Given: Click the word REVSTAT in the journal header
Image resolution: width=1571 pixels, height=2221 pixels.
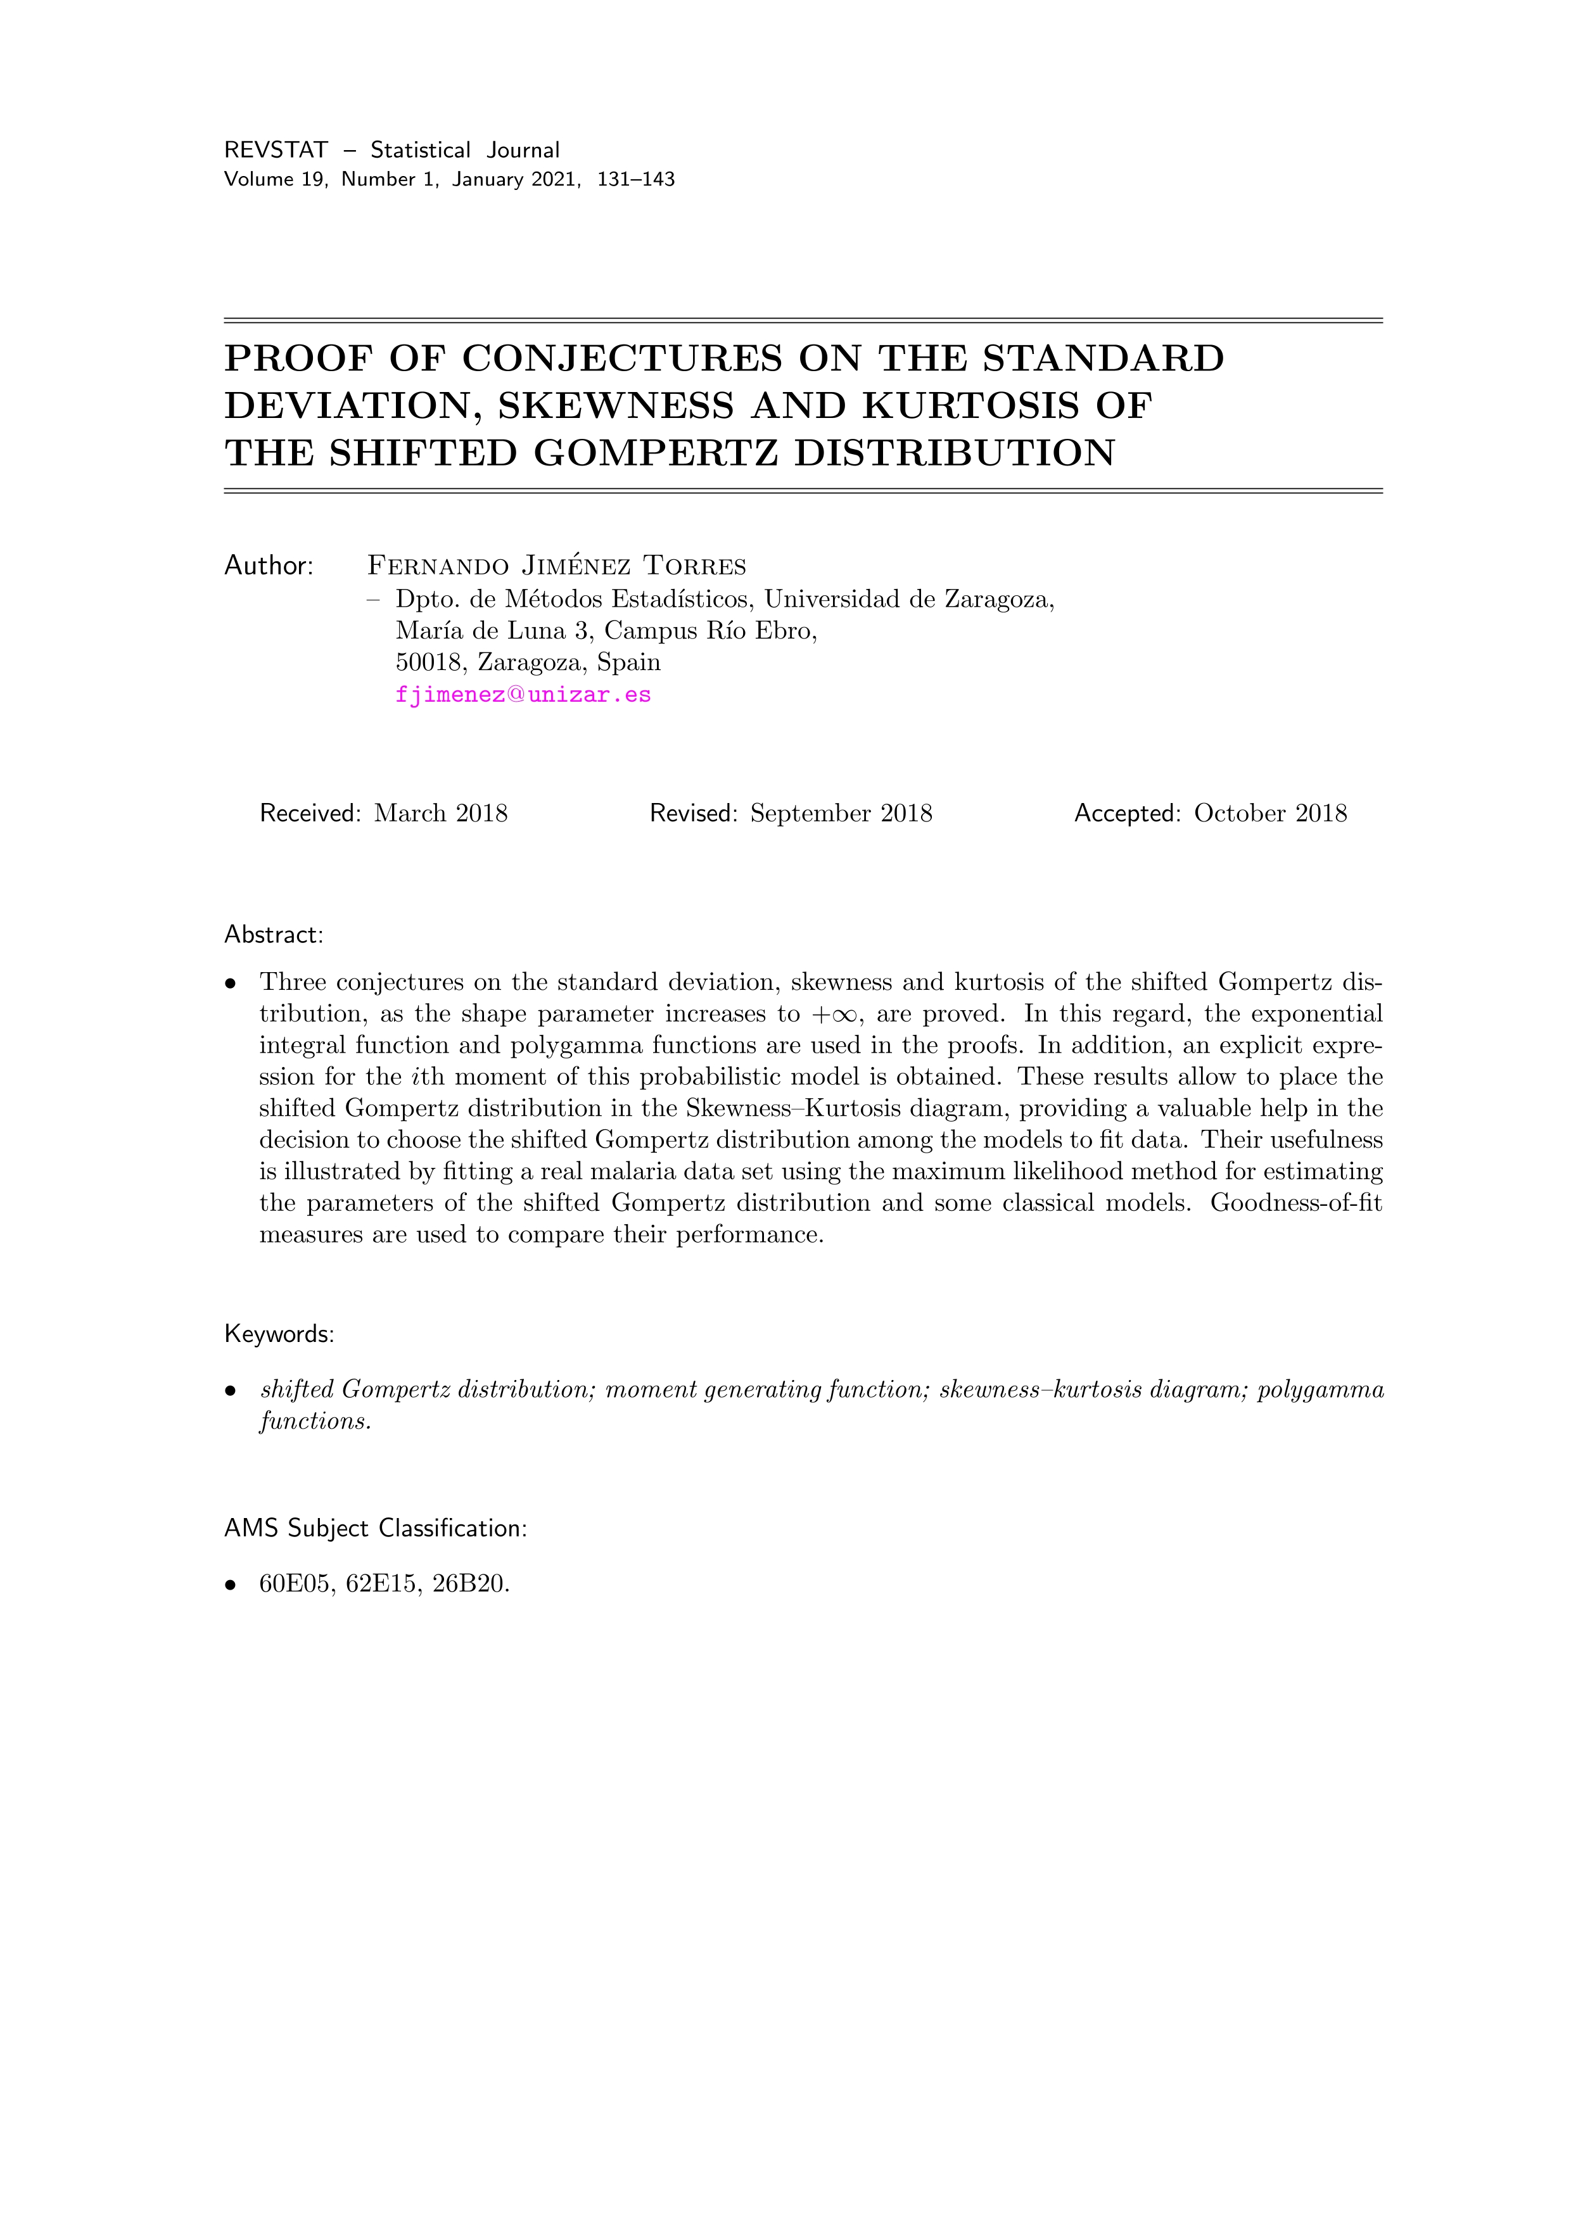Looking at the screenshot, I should tap(276, 150).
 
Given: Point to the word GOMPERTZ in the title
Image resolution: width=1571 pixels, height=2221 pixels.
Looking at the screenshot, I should tap(656, 453).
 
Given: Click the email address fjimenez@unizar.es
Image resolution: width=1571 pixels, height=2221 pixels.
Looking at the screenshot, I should tap(523, 695).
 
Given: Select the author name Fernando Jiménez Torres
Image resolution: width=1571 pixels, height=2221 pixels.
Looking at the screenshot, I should tap(556, 566).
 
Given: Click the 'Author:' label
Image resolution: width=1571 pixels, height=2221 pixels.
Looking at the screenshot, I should tap(269, 566).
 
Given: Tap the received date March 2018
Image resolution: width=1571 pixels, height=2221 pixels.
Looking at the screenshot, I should tap(440, 814).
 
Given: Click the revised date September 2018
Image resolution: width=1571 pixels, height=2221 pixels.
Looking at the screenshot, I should tap(841, 814).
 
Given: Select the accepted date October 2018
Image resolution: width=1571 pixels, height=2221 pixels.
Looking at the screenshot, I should tap(1269, 814).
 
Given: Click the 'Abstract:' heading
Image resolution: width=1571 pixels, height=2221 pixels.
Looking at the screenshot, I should tap(273, 935).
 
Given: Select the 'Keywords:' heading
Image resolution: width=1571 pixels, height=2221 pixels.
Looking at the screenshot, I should tap(279, 1334).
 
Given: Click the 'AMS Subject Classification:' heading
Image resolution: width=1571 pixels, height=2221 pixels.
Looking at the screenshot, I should tap(376, 1528).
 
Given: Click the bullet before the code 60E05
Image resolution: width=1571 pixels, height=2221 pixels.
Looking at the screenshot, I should tap(230, 1585).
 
